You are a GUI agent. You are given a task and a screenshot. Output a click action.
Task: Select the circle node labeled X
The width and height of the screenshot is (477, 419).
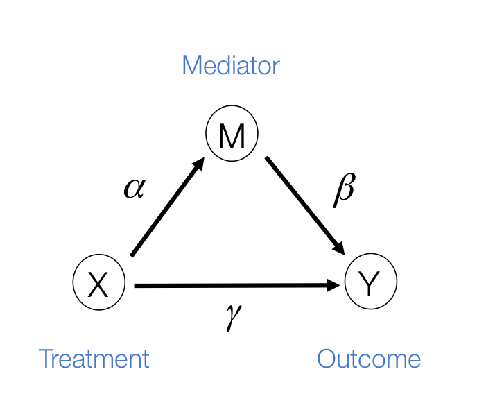[98, 283]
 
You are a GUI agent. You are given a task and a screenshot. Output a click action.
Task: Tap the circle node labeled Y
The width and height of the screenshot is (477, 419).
[371, 283]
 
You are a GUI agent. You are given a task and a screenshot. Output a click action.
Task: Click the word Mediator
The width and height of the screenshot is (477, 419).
[230, 67]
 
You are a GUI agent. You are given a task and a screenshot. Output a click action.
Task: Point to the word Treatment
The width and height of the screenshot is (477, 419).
[94, 359]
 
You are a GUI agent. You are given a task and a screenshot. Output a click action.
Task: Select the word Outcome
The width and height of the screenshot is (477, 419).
[368, 359]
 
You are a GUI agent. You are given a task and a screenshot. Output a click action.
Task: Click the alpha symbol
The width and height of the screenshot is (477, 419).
[134, 188]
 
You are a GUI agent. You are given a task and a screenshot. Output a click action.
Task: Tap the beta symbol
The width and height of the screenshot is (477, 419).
[344, 189]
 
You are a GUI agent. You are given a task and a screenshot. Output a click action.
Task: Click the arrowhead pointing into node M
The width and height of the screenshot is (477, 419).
[198, 165]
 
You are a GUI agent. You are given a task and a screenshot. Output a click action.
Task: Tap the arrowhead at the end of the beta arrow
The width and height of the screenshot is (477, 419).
[340, 247]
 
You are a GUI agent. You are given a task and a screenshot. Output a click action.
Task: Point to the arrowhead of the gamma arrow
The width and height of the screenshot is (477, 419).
[338, 285]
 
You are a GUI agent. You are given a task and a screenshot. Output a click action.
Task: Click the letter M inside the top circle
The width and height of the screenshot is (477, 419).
[232, 137]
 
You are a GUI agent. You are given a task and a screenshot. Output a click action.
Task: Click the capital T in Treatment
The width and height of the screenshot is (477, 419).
[46, 359]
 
